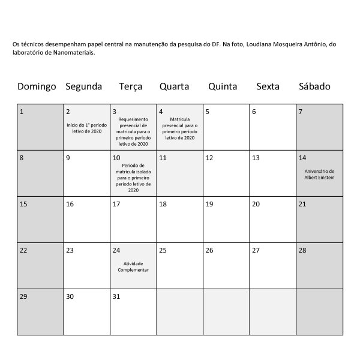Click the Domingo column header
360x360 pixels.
pos(37,86)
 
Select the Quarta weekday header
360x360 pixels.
pos(174,86)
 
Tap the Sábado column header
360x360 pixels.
pos(314,86)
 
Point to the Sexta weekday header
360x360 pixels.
pos(268,86)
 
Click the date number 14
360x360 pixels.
pos(302,158)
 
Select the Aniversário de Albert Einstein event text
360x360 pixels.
pos(319,175)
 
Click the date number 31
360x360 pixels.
pos(116,296)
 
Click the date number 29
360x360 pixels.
pos(23,296)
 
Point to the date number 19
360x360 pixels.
pos(209,204)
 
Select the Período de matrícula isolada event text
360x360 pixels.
pos(133,177)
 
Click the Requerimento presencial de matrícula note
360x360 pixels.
pos(133,131)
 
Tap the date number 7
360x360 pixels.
pos(301,112)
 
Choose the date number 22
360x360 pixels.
pos(23,250)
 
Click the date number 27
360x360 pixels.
pos(256,250)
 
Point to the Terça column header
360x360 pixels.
pos(131,86)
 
